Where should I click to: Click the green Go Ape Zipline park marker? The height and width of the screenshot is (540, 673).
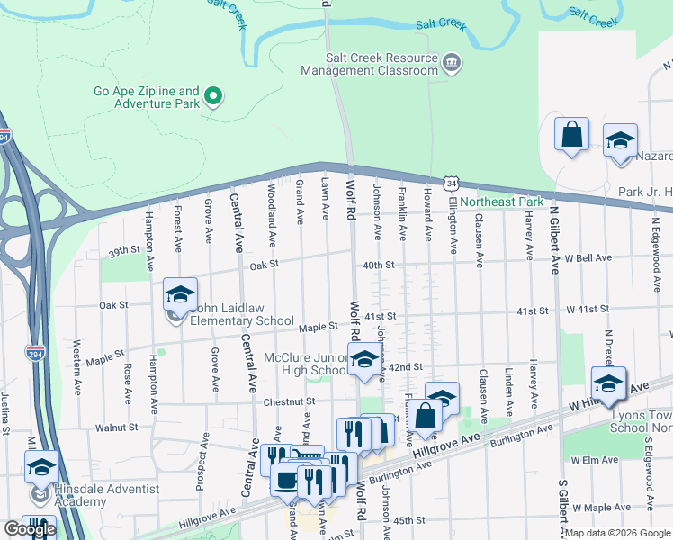pos(213,94)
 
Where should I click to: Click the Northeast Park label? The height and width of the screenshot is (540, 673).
pos(502,202)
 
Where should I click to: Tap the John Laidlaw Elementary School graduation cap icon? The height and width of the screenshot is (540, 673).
pos(180,294)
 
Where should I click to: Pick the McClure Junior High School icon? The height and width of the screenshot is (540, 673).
pos(363,359)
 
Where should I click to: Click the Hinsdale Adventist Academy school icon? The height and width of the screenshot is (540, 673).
pos(40,468)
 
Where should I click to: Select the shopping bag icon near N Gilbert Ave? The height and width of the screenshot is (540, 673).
pos(571,136)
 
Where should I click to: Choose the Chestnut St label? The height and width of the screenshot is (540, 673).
pos(290,401)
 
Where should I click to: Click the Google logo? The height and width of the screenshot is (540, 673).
pos(30,530)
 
